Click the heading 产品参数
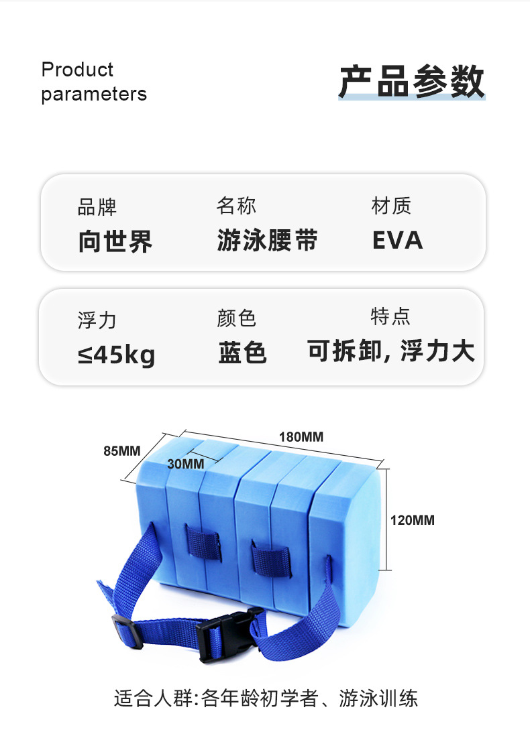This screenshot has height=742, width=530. (411, 82)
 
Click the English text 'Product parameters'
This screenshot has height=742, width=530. (93, 82)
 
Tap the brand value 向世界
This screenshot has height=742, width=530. (115, 241)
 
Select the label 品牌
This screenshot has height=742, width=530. (97, 207)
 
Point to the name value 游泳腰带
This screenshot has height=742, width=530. (267, 241)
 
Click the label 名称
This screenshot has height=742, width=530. (236, 206)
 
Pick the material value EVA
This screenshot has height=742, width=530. (398, 241)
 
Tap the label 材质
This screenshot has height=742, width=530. (391, 206)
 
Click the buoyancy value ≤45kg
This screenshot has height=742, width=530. (116, 354)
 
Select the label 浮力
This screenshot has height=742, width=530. (97, 320)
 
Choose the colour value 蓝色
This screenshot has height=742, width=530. (242, 353)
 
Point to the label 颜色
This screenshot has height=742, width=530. (236, 318)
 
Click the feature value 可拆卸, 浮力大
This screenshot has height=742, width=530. (391, 351)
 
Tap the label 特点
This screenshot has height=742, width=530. (390, 316)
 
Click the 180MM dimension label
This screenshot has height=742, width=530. (301, 437)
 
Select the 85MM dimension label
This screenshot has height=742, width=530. (122, 450)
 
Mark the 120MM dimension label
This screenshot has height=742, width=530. (413, 519)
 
